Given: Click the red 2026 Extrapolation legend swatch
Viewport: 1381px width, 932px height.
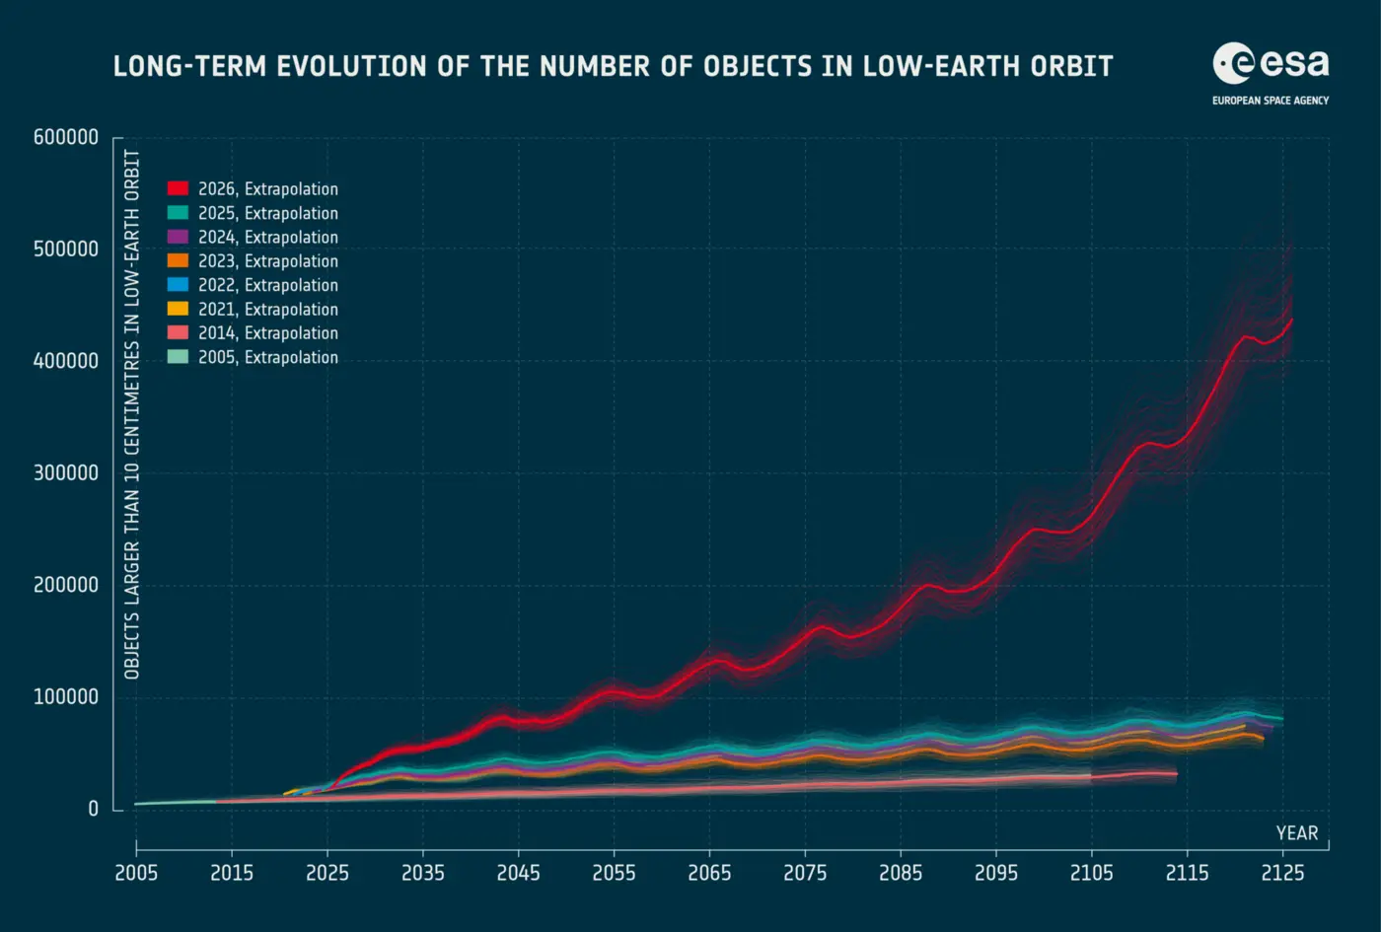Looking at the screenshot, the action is (x=178, y=188).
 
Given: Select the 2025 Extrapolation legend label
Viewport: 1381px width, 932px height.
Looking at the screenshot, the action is (x=268, y=213).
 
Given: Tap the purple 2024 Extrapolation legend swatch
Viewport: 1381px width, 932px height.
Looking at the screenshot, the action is (x=178, y=237).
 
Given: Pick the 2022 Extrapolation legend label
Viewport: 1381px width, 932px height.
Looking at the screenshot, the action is (x=268, y=285).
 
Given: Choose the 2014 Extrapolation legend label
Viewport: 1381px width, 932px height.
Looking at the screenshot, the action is (x=268, y=333).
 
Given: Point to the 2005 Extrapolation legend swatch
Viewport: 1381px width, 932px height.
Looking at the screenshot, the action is (x=178, y=357).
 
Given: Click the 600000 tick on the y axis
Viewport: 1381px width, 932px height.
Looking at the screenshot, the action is (x=66, y=137).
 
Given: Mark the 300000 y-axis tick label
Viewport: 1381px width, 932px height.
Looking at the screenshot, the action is (x=66, y=473).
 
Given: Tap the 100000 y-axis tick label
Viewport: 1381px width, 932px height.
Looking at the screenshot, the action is (x=66, y=697).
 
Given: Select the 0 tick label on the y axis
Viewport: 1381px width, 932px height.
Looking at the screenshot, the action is (x=93, y=809).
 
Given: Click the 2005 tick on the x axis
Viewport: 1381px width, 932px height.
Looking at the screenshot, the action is (x=136, y=874).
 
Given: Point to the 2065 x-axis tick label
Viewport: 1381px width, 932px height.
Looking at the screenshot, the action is (x=709, y=874).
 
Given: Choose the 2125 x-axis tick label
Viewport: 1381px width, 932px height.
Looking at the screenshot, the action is (x=1283, y=874).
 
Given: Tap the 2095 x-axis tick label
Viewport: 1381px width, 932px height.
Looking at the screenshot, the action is (x=996, y=874).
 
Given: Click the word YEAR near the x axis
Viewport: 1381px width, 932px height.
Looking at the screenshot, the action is (x=1297, y=833).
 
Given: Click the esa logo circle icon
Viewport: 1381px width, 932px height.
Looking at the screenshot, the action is (x=1233, y=63).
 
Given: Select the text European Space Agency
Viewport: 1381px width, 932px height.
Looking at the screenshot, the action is (x=1271, y=101).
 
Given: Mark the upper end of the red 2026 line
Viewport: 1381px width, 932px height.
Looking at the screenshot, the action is (x=1292, y=320).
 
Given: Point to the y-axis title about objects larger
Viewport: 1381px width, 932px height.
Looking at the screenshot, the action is (x=132, y=415).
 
